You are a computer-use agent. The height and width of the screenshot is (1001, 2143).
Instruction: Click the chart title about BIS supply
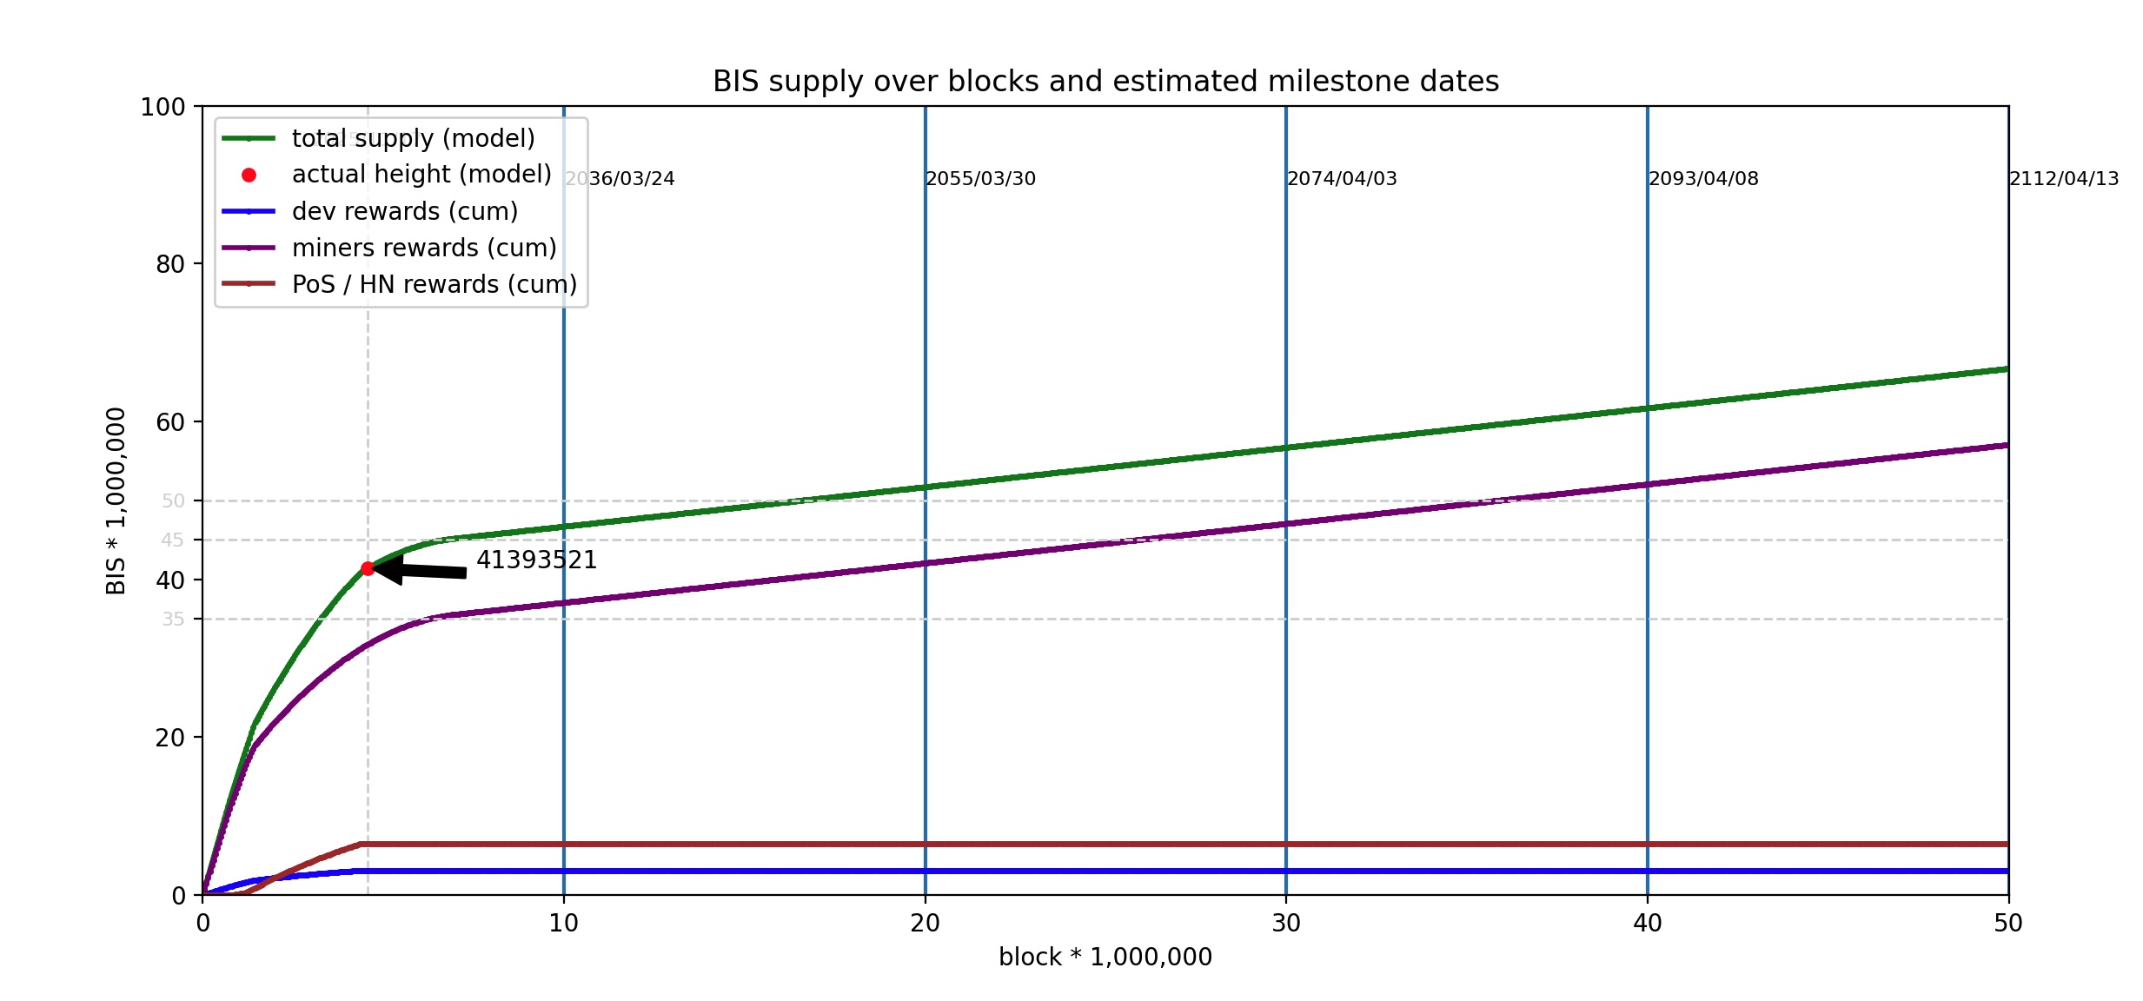coord(1105,82)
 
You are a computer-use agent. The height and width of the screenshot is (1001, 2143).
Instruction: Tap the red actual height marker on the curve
coord(368,568)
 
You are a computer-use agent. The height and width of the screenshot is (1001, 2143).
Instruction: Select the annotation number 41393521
coord(536,560)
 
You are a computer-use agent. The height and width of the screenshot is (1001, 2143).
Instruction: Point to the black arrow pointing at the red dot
coord(421,571)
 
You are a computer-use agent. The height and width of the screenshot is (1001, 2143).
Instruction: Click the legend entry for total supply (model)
coord(413,139)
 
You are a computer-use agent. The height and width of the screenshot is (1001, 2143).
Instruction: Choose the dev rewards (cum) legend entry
coord(404,212)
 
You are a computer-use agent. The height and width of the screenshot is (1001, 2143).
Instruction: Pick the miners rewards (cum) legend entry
coord(423,249)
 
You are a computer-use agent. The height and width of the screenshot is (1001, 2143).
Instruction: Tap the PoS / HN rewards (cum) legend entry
coord(434,285)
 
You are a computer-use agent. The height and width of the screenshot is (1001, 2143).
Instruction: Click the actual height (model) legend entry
coord(421,176)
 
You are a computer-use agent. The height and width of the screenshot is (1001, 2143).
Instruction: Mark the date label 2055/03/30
coord(980,179)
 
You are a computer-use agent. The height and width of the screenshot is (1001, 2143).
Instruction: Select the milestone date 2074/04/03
coord(1342,179)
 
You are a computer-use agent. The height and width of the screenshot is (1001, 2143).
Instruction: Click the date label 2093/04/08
coord(1703,179)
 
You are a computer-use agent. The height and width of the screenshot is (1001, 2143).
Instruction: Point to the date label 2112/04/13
coord(2064,179)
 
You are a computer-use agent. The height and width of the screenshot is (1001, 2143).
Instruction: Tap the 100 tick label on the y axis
coord(163,107)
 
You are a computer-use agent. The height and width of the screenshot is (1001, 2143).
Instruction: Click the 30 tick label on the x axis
coord(1286,924)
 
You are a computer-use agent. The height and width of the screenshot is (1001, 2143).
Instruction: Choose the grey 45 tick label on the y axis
coord(172,540)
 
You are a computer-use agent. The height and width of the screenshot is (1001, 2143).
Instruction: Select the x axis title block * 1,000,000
coord(1105,958)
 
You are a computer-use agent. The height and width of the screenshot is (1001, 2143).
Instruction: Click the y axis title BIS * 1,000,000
coord(116,500)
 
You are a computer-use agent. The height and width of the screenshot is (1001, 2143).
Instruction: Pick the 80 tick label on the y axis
coord(170,264)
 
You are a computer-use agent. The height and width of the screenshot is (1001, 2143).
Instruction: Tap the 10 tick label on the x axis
coord(564,924)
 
